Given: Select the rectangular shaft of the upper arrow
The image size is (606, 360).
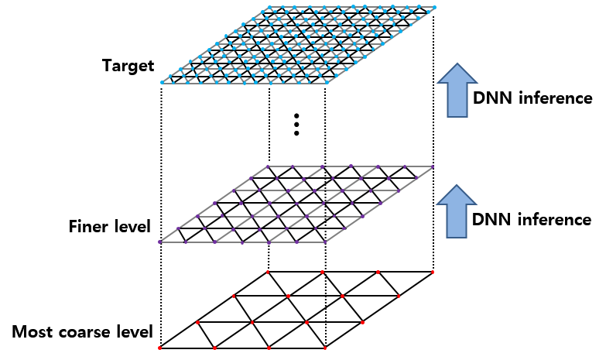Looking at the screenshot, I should coord(457,100).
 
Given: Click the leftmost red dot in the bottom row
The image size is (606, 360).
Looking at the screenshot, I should coord(159,348).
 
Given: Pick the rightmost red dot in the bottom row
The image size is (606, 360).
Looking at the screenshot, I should coord(324,348).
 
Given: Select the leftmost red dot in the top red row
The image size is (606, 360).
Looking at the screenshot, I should coord(268,272).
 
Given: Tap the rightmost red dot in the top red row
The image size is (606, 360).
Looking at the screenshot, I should coord(433,272).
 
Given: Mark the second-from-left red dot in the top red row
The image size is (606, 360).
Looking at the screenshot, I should coord(322,272).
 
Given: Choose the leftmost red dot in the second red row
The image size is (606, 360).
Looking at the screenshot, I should coord(233,296).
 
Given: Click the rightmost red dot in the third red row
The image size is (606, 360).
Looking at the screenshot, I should coord(362,322).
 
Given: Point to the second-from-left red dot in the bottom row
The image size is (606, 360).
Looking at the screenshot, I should coord(214,348).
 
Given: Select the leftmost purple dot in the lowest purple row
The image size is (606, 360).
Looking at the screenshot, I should coord(159,242).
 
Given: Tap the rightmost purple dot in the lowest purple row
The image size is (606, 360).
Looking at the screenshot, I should coord(325,242).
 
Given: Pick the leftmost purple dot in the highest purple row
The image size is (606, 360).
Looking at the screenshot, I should coord(268,166).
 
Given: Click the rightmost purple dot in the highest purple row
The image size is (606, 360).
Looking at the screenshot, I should coord(433,166).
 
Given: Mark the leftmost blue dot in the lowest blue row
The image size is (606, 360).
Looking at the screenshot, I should coord(162,82).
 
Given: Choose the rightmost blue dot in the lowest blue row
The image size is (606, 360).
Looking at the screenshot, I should coord(327,82).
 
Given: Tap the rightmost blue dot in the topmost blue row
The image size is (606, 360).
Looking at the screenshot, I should coord(434,7).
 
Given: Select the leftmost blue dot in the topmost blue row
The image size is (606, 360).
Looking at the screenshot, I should coord(269,7).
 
